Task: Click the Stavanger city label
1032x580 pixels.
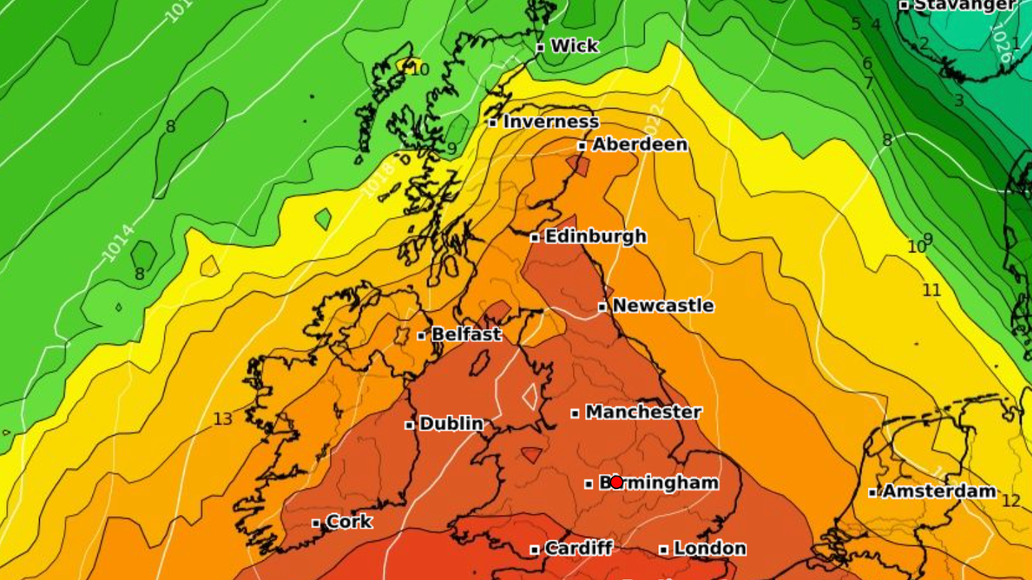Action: coord(965,5)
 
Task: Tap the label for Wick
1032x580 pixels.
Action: coord(574,46)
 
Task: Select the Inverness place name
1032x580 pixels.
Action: coord(550,122)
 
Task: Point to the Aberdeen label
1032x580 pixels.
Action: coord(639,144)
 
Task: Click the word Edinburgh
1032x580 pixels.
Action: coord(595,236)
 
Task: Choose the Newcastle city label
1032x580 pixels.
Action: coord(662,306)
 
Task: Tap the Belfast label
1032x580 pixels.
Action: coord(466,335)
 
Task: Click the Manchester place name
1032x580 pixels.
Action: coord(643,412)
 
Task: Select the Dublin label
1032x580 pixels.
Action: coord(451,423)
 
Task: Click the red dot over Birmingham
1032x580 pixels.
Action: coord(616,482)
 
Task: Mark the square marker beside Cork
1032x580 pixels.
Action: coord(316,523)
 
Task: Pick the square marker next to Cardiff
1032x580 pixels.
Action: coord(535,549)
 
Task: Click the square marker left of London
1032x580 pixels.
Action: coord(663,549)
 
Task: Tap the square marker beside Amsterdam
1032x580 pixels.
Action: coord(872,492)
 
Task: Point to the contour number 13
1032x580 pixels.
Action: coord(222,419)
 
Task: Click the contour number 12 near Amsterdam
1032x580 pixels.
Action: coord(1010,501)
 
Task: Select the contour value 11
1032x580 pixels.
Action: coord(932,290)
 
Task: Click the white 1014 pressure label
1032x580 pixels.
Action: coord(118,243)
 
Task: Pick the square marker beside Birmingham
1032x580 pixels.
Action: coord(589,484)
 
